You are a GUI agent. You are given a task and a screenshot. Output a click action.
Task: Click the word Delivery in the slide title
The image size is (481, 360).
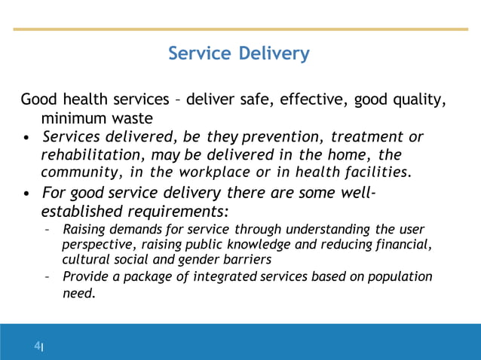coord(274,54)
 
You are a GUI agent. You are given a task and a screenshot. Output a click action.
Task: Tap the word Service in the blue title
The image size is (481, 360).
coord(201,54)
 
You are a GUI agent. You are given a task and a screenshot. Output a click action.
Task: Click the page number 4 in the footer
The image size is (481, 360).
coord(36,346)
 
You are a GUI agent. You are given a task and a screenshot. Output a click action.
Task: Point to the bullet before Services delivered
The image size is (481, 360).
coord(28,139)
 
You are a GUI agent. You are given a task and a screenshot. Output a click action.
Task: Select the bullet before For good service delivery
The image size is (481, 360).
coord(28,193)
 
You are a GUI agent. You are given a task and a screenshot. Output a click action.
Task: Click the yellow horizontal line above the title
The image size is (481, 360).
coord(240,29)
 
